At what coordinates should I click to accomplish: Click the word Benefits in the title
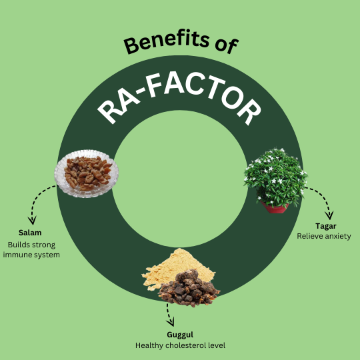[x=167, y=41]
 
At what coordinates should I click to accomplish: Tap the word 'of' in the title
[x=227, y=46]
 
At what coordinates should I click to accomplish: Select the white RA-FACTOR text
[x=179, y=98]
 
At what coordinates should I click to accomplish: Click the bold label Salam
[x=30, y=233]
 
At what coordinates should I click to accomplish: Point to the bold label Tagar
[x=326, y=226]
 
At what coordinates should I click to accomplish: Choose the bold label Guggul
[x=180, y=335]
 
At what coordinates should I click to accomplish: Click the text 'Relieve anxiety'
[x=324, y=236]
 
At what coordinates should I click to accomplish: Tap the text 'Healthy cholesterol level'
[x=180, y=345]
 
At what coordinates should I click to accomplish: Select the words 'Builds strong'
[x=31, y=245]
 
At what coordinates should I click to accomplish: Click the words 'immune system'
[x=31, y=255]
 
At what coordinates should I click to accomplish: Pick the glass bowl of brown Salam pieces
[x=86, y=173]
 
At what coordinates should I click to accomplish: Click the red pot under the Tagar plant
[x=275, y=208]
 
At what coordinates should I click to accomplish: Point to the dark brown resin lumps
[x=189, y=289]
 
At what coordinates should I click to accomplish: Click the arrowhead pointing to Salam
[x=32, y=221]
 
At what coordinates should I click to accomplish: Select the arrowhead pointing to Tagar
[x=329, y=215]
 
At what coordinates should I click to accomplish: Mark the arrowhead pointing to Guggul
[x=171, y=322]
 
